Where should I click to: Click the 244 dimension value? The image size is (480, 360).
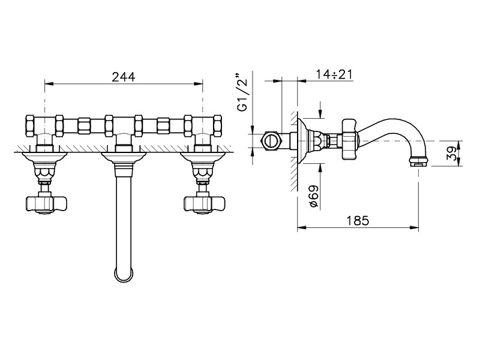[124, 77]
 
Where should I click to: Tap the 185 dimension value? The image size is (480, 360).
[358, 220]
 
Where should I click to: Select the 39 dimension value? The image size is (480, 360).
[451, 153]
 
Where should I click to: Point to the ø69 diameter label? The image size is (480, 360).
[314, 197]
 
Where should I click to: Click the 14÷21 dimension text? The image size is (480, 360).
[334, 74]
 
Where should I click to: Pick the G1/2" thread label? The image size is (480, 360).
[242, 92]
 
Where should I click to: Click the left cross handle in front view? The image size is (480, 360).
[46, 203]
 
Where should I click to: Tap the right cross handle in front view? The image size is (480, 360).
[204, 203]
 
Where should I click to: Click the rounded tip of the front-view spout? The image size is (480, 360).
[124, 275]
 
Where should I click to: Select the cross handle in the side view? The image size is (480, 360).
[350, 139]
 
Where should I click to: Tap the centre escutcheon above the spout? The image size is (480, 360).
[124, 157]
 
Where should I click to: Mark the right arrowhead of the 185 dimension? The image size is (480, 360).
[415, 227]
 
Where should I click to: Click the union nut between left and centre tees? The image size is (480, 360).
[84, 125]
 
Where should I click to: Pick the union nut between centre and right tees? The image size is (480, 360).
[163, 125]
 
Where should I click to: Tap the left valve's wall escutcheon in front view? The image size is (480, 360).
[44, 157]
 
